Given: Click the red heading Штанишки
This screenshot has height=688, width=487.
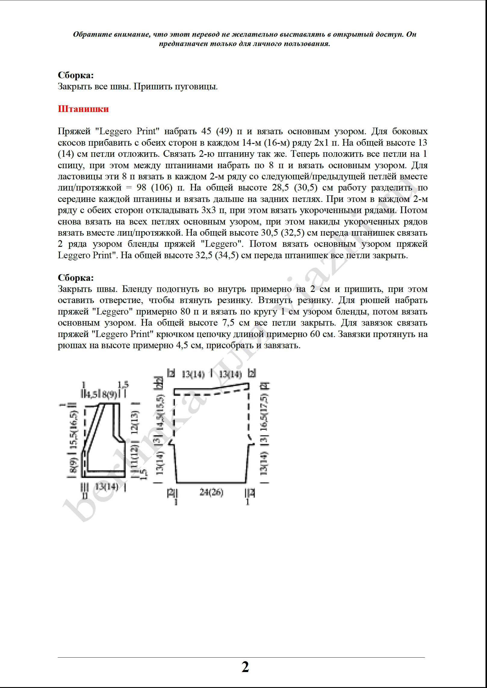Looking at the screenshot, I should click(83, 109).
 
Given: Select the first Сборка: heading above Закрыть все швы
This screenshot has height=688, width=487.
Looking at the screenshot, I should click(76, 75).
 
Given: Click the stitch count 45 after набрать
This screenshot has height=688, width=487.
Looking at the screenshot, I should click(206, 131).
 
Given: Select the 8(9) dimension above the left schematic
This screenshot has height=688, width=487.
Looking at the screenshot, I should click(109, 395).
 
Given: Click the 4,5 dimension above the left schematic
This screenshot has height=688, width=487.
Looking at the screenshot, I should click(90, 395).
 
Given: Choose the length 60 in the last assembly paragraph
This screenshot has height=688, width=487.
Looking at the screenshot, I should click(313, 334).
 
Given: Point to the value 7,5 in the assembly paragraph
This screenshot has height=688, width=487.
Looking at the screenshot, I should click(228, 323).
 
